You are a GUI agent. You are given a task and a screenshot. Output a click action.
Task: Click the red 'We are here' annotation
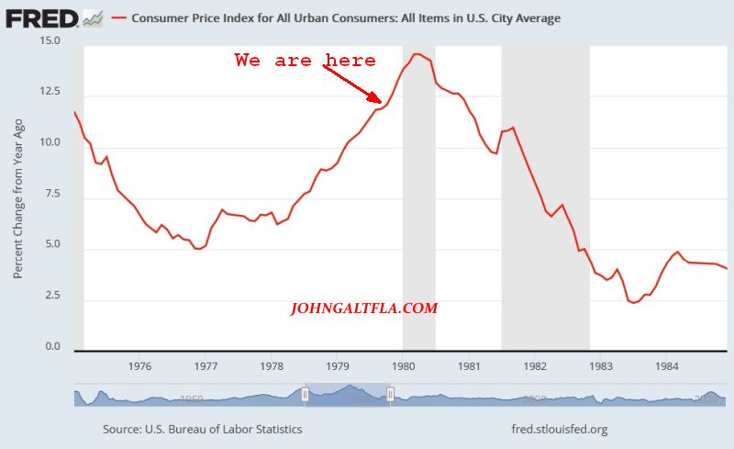pyautogui.click(x=305, y=61)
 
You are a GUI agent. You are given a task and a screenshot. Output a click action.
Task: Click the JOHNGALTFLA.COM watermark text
pyautogui.click(x=364, y=309)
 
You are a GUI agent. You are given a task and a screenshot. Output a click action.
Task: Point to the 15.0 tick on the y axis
pyautogui.click(x=50, y=41)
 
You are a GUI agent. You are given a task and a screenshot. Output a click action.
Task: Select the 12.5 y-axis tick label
pyautogui.click(x=50, y=92)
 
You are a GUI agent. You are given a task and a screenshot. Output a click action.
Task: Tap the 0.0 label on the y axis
pyautogui.click(x=52, y=347)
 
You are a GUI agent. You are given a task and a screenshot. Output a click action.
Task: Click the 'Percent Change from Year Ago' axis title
pyautogui.click(x=18, y=198)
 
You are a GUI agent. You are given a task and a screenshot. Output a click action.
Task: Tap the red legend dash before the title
pyautogui.click(x=118, y=17)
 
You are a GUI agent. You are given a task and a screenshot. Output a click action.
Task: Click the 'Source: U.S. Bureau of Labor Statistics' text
pyautogui.click(x=202, y=429)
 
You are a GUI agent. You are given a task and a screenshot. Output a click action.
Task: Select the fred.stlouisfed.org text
pyautogui.click(x=559, y=429)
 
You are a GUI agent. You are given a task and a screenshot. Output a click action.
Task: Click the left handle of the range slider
pyautogui.click(x=306, y=395)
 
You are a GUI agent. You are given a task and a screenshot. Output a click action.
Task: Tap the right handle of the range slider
pyautogui.click(x=390, y=395)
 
